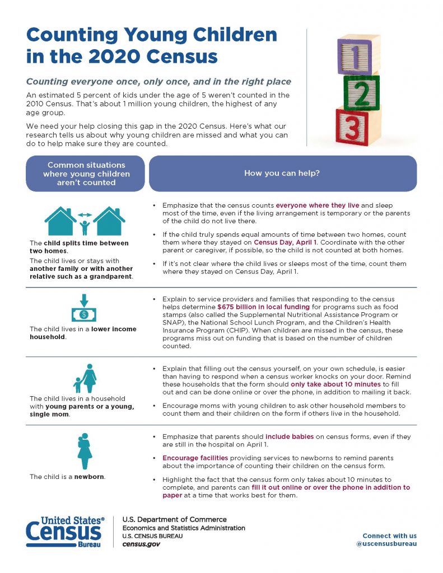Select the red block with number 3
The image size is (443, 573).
point(352,128)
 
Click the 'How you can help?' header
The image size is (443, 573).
point(282,173)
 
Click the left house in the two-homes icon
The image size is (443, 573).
point(60,222)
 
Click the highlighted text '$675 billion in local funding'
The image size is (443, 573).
point(263,307)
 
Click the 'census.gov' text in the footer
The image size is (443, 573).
point(141,544)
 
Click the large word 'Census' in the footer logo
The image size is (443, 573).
point(64,532)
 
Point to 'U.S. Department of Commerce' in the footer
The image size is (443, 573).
point(174,520)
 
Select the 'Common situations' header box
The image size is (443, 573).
point(86,173)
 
